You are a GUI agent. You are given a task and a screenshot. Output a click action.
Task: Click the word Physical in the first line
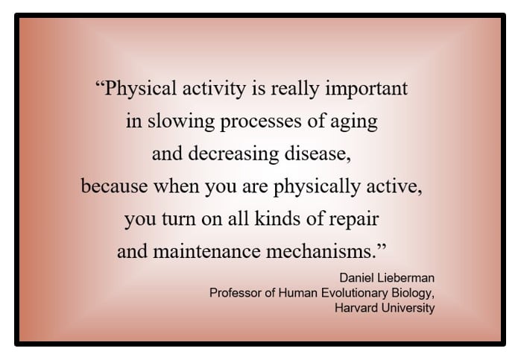(140, 89)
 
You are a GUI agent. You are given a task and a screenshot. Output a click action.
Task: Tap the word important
(367, 89)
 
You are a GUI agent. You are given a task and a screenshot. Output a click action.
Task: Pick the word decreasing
(233, 154)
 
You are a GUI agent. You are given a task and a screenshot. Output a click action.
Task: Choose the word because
(114, 186)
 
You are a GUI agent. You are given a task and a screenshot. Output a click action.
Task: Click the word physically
(317, 186)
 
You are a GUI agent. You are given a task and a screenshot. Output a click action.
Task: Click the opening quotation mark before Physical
(99, 83)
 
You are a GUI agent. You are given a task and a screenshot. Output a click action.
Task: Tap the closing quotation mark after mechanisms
(382, 246)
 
